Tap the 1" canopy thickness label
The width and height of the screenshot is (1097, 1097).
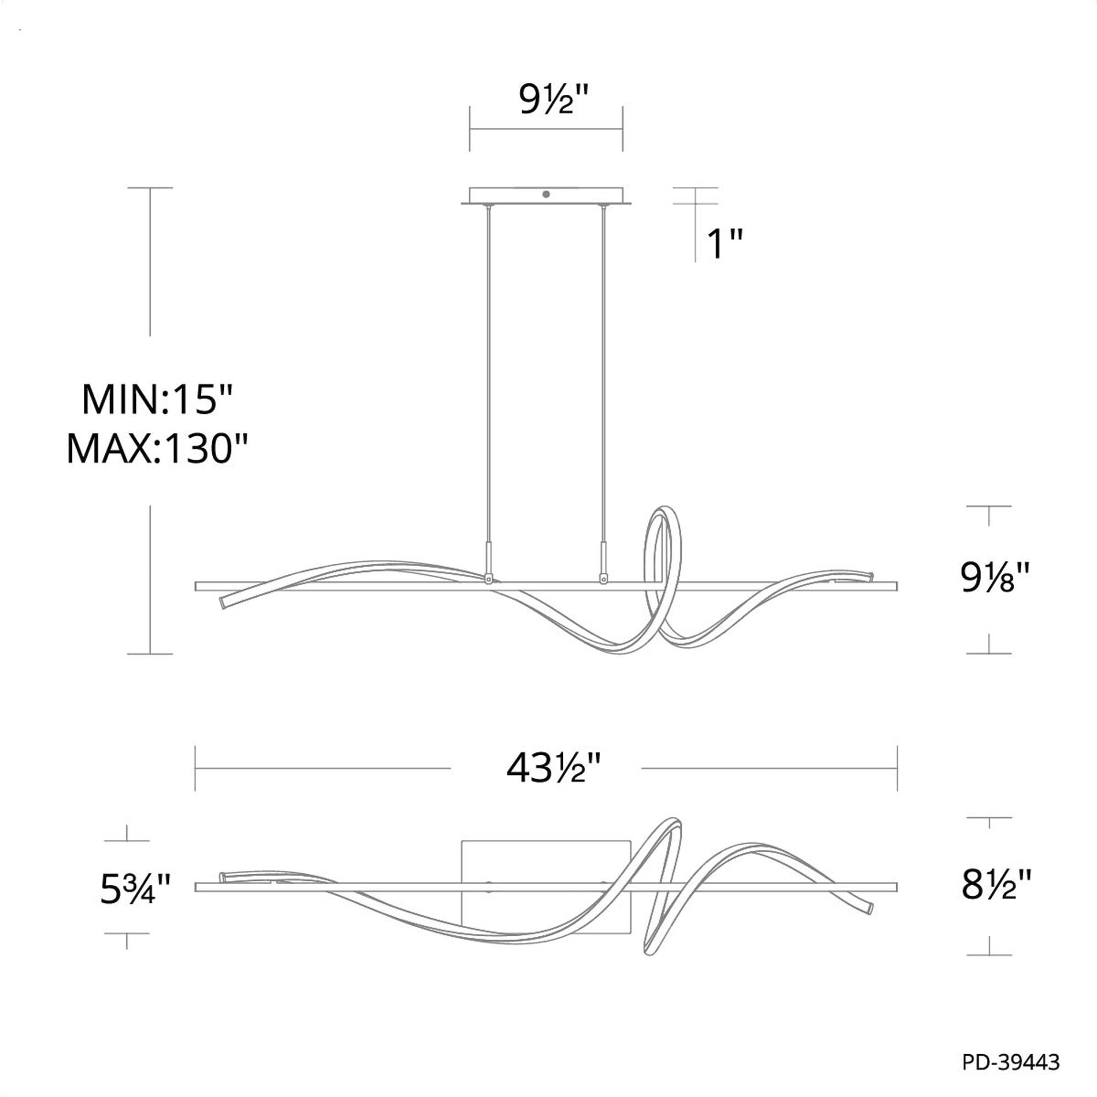tap(725, 244)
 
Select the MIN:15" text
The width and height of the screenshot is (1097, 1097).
tap(158, 400)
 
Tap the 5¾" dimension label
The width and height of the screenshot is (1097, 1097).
tap(135, 890)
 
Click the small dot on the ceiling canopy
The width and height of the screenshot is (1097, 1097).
tap(546, 194)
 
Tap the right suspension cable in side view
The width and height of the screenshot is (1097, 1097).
tap(603, 375)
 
